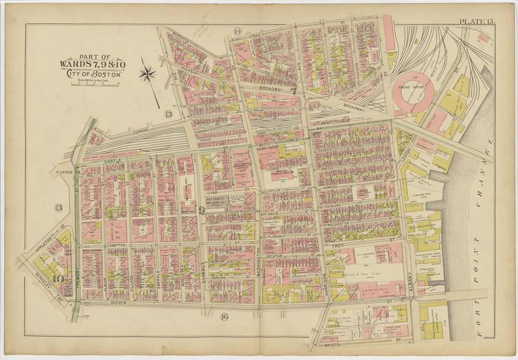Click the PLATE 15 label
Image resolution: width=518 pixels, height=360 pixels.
coord(477,21)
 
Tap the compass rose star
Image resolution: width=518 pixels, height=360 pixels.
coord(147,74)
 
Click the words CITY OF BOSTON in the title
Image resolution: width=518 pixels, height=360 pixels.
coord(93,74)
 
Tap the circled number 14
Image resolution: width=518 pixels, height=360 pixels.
coord(237,32)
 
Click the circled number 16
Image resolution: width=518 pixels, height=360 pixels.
coord(224,317)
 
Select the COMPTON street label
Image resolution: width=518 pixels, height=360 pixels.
coord(115,245)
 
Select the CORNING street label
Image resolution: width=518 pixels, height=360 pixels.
coord(140,130)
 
